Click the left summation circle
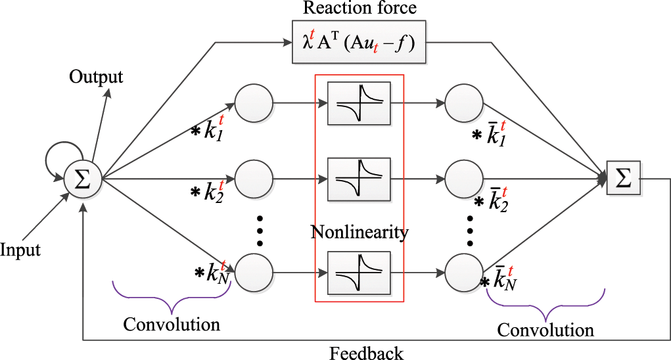click(x=83, y=178)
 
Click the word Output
click(x=96, y=77)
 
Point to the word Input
click(x=20, y=250)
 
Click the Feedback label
click(x=367, y=353)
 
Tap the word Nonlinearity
click(x=360, y=232)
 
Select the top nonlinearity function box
click(x=359, y=103)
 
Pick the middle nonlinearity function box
click(x=359, y=178)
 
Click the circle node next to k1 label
click(x=253, y=103)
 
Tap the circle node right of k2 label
click(x=253, y=178)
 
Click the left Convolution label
click(x=172, y=324)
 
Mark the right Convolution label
click(x=545, y=329)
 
